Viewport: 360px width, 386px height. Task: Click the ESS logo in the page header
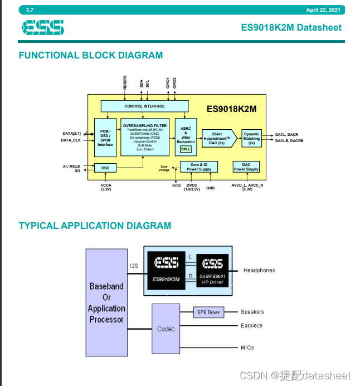[43, 27]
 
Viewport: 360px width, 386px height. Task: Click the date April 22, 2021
[323, 10]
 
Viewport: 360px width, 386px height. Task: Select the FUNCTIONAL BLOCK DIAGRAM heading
[91, 55]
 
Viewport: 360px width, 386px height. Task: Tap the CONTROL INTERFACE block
[144, 106]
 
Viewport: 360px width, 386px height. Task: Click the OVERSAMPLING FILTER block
[144, 136]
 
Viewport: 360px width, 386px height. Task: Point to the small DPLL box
[186, 149]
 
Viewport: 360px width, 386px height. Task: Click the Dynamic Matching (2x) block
[251, 138]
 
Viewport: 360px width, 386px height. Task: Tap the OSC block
[105, 168]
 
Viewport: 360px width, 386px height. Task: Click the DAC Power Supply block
[246, 167]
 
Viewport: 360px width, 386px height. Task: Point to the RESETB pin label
[125, 82]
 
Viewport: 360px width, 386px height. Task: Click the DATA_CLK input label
[71, 140]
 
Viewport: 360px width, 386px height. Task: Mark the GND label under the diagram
[211, 188]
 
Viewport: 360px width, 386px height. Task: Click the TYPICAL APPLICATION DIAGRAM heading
[95, 226]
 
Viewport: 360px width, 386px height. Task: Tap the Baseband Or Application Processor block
[106, 302]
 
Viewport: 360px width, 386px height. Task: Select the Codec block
[166, 329]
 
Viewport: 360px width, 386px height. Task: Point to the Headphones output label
[259, 270]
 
